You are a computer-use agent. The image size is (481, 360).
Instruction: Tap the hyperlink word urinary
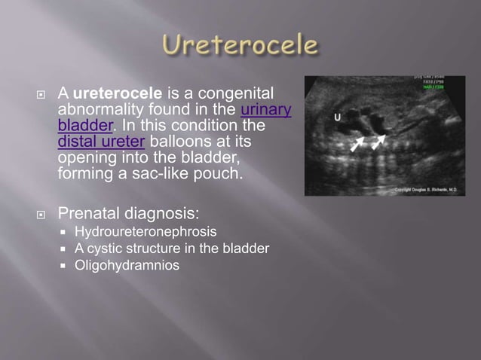pyautogui.click(x=265, y=110)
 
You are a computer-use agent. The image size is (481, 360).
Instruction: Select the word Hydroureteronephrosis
pyautogui.click(x=146, y=231)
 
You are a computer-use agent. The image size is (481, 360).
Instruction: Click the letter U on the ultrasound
pyautogui.click(x=339, y=117)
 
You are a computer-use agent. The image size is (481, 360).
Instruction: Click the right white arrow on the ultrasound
pyautogui.click(x=378, y=141)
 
